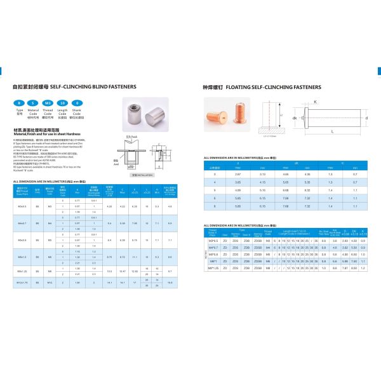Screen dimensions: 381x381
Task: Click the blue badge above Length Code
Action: [62, 102]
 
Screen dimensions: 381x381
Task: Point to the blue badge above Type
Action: [19, 102]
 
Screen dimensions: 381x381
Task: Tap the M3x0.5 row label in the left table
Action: [22, 206]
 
